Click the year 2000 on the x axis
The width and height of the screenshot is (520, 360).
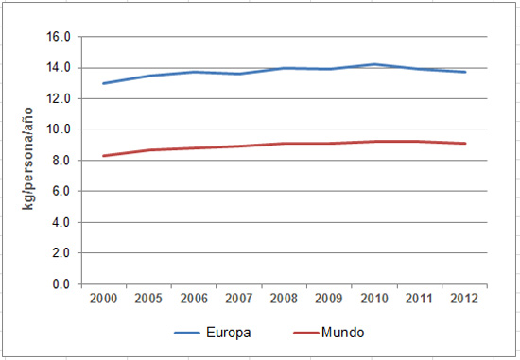pos(104,299)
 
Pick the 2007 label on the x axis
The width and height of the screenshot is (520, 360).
pos(239,299)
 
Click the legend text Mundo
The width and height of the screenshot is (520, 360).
pos(342,333)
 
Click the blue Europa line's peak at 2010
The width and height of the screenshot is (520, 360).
pos(375,64)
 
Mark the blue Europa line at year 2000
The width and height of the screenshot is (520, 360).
pos(104,83)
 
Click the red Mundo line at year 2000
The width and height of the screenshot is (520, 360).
pos(104,156)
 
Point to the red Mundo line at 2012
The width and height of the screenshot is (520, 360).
pos(465,144)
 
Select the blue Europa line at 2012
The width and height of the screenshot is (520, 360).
pos(465,72)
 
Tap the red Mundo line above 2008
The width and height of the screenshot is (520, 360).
pos(285,144)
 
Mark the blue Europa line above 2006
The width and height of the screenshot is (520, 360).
pos(195,72)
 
